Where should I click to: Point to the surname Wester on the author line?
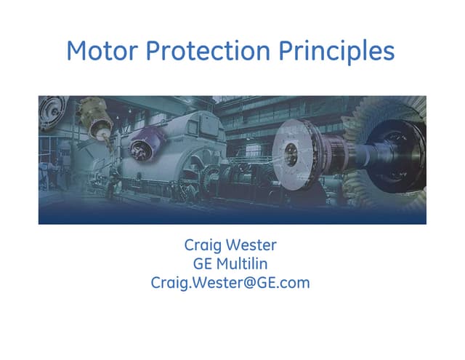[x=253, y=245]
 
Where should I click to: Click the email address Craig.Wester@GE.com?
[x=230, y=282]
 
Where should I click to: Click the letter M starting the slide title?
[x=76, y=50]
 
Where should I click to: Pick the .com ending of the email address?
[x=294, y=282]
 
